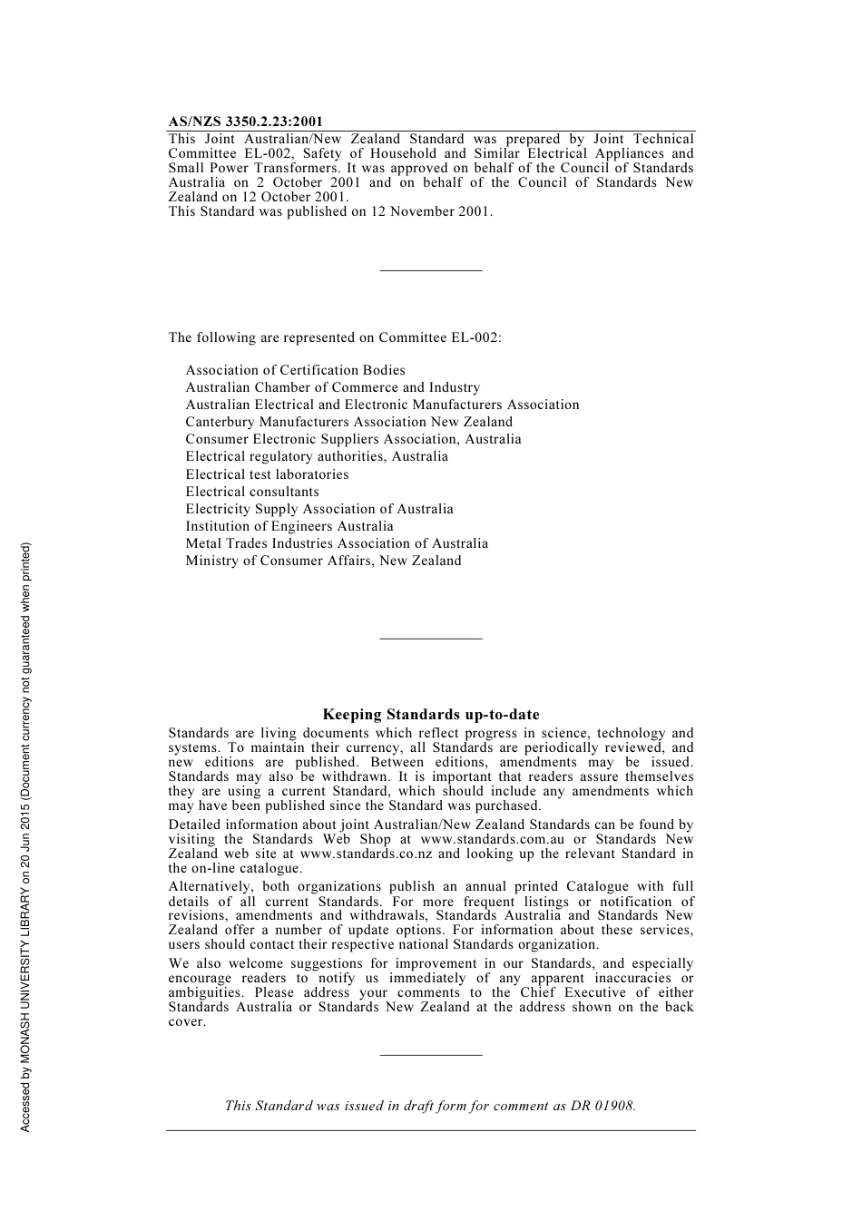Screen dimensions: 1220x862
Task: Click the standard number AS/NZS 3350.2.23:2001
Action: [x=245, y=122]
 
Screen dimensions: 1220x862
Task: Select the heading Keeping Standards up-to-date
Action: [x=431, y=715]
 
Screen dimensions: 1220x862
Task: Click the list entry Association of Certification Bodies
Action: [x=295, y=370]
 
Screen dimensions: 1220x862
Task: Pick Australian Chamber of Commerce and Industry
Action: [x=332, y=387]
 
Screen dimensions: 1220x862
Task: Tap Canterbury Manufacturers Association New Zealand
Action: [x=348, y=422]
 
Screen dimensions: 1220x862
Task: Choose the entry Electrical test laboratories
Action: [x=267, y=474]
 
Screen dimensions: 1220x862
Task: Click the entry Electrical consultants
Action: [x=252, y=492]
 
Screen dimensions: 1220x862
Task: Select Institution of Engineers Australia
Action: [x=289, y=526]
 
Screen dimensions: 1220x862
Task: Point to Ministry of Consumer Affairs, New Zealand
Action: [x=323, y=561]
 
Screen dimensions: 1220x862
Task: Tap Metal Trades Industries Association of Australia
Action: [x=337, y=543]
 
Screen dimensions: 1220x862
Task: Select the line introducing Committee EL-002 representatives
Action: [x=334, y=337]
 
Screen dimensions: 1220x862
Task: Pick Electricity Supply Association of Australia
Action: [x=319, y=509]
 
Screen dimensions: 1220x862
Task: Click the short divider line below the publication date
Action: [x=431, y=270]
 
